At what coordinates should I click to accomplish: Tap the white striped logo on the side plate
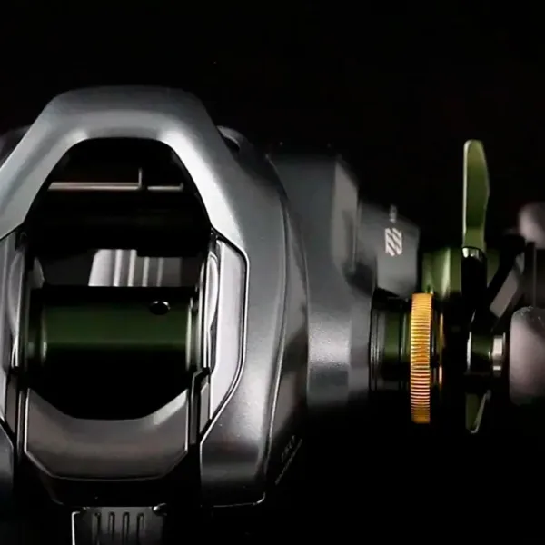tap(393, 241)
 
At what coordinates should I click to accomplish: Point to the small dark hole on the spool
tap(159, 308)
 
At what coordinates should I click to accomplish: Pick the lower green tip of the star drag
tap(475, 414)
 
